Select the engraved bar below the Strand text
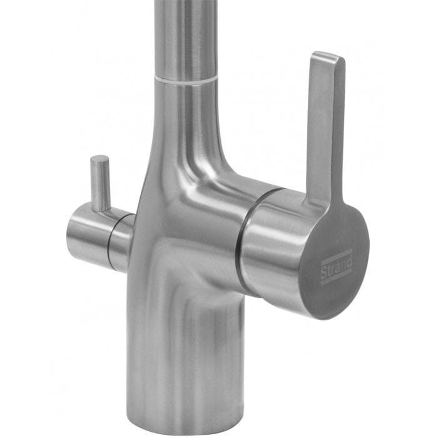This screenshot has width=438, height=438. click(337, 278)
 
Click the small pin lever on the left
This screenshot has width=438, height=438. click(99, 183)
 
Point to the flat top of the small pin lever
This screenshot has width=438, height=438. click(98, 159)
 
